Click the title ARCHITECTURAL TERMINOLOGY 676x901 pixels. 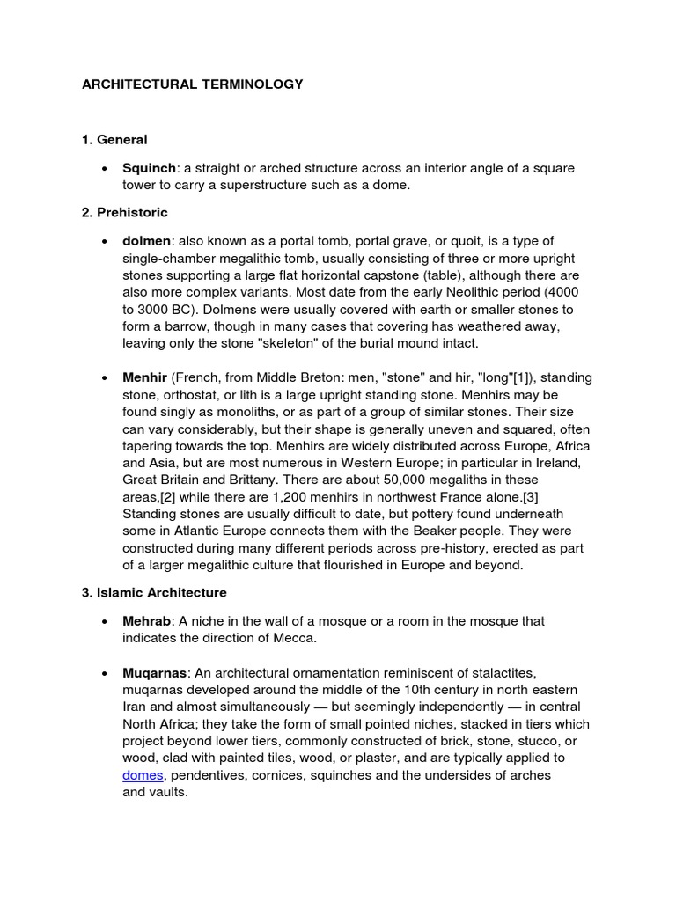pyautogui.click(x=192, y=84)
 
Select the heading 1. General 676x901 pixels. pyautogui.click(x=114, y=139)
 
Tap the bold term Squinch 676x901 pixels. pyautogui.click(x=149, y=168)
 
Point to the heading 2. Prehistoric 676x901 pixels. pyautogui.click(x=124, y=212)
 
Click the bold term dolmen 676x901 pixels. pyautogui.click(x=147, y=241)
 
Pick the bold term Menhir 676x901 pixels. pyautogui.click(x=145, y=377)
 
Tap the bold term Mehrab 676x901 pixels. pyautogui.click(x=147, y=621)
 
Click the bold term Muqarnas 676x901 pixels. pyautogui.click(x=155, y=673)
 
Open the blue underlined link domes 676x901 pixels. pyautogui.click(x=143, y=775)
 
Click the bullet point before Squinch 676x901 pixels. pyautogui.click(x=105, y=168)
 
